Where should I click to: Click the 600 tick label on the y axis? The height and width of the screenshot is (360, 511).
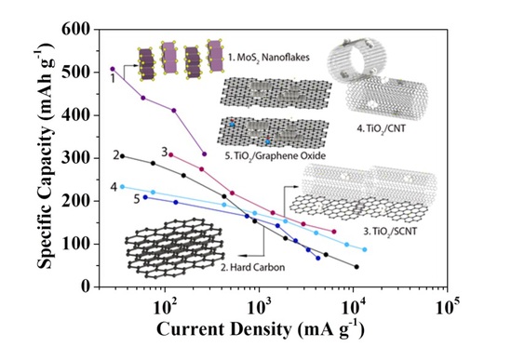click(75, 29)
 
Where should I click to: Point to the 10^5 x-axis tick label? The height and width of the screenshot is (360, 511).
click(448, 307)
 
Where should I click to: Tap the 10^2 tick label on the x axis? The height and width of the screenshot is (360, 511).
click(165, 307)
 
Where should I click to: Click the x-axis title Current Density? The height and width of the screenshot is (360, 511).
click(224, 329)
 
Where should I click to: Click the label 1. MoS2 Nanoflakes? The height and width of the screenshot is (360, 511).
click(269, 58)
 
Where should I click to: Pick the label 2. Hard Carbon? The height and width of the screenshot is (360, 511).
click(253, 268)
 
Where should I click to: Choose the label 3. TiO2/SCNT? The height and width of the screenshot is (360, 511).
click(390, 232)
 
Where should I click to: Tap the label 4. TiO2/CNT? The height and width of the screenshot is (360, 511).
click(382, 128)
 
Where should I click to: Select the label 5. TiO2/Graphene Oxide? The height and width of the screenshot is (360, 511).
click(276, 155)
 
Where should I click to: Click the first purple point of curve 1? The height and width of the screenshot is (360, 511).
click(113, 69)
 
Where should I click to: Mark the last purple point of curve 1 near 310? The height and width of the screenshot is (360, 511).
click(205, 153)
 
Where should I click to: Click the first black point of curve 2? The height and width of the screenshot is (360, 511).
click(122, 156)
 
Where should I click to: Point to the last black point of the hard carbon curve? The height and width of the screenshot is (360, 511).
click(356, 266)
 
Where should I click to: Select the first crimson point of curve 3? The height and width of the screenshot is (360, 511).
click(170, 154)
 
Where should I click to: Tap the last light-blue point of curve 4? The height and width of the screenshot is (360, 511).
click(365, 249)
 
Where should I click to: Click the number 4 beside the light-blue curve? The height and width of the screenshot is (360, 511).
click(114, 187)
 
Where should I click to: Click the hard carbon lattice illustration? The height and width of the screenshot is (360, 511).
click(175, 248)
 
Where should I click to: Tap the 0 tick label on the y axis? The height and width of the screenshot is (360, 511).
click(85, 287)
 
